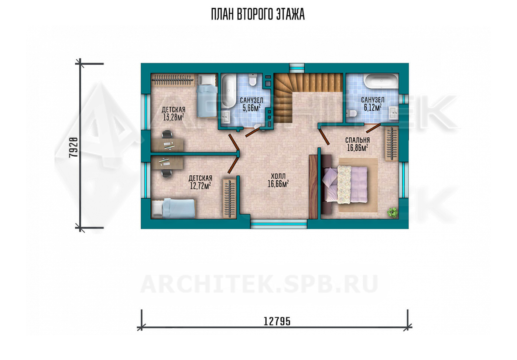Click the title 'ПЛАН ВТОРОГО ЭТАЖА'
258,14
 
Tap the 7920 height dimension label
73,147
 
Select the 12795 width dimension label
277,321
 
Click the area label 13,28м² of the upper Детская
173,117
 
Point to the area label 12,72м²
200,186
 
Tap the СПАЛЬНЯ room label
357,140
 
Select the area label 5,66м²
251,108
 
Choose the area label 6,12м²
373,107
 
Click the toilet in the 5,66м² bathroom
253,80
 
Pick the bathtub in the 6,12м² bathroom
381,81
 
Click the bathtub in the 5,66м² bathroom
229,91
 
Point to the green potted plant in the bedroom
392,212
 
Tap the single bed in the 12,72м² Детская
173,209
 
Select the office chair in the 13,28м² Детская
167,134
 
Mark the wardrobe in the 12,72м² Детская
229,198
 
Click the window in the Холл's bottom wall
278,224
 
